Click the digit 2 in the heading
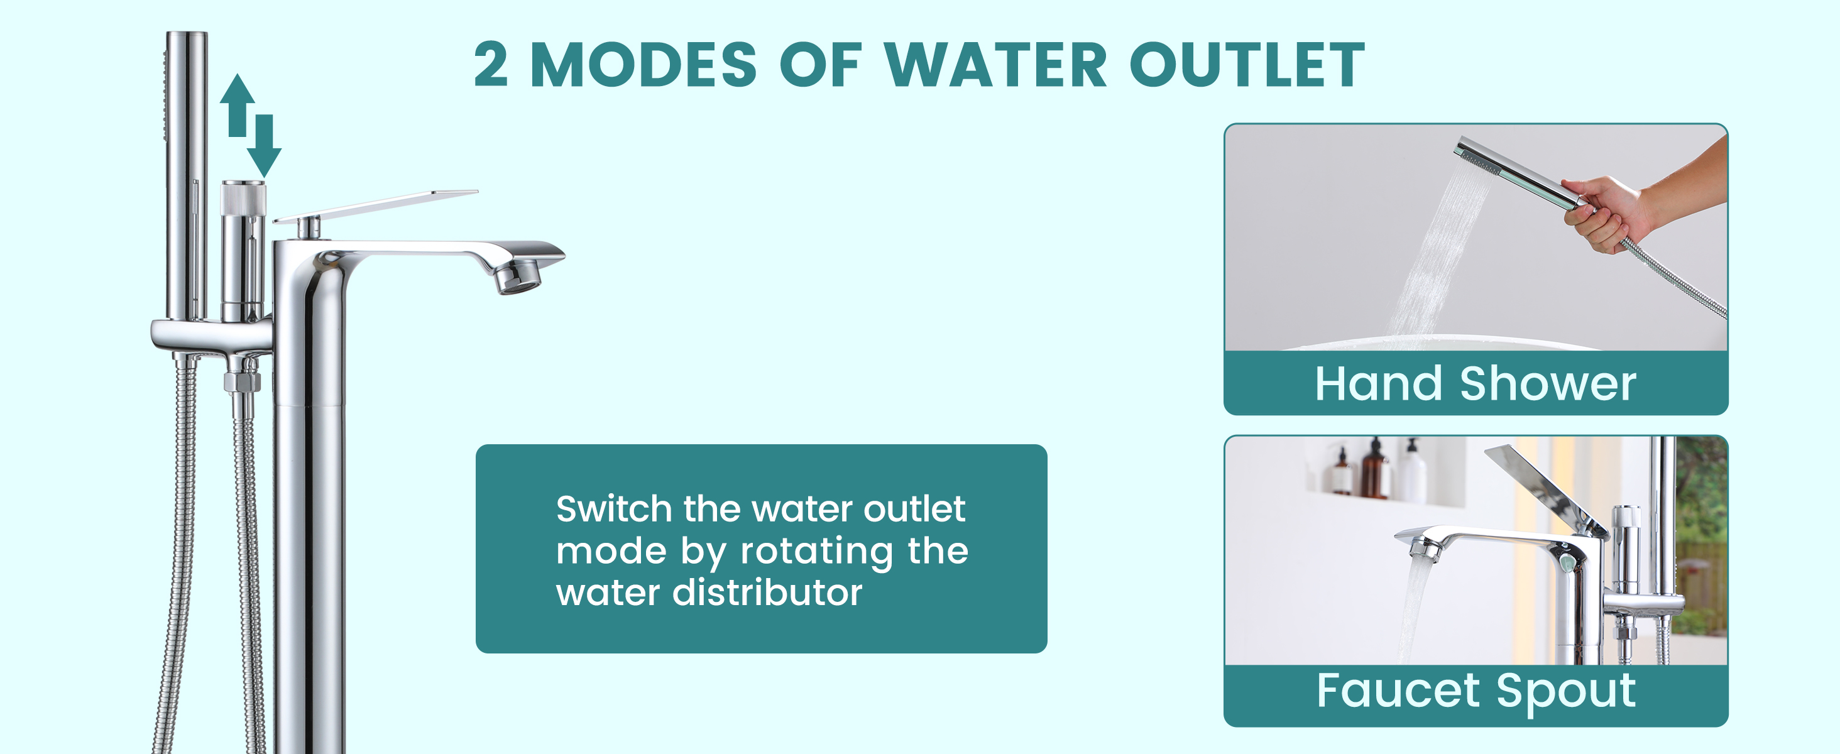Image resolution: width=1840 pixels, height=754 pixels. point(491,64)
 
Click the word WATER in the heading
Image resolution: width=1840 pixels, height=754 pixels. point(995,64)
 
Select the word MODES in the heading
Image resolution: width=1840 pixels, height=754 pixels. point(643,64)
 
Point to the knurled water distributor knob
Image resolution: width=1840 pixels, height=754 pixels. point(243,197)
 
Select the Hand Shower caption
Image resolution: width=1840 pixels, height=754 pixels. point(1476,383)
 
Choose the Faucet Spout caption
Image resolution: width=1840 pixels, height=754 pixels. point(1476,691)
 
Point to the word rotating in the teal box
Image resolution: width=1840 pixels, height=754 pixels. point(816,551)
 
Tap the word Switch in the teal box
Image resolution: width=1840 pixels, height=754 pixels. point(615,509)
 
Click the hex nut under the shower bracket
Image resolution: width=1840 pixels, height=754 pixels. point(242,381)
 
